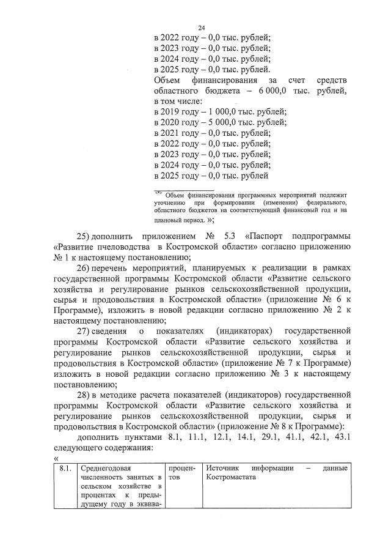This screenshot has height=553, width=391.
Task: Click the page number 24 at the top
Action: tap(202, 28)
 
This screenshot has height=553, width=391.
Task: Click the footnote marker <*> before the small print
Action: tap(158, 191)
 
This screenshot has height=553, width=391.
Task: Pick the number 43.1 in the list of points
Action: tap(339, 437)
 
